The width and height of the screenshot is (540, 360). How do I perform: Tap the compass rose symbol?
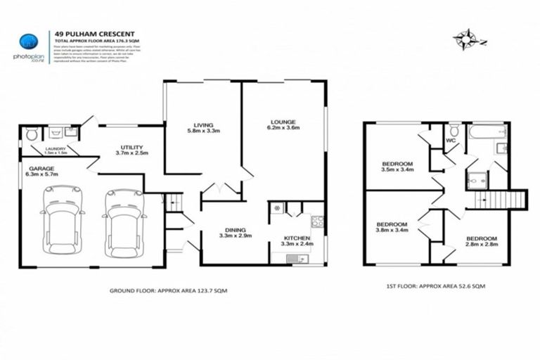point(465,37)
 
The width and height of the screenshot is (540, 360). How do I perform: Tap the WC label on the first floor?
point(452,140)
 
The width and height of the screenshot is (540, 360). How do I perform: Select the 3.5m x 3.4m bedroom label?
point(397,166)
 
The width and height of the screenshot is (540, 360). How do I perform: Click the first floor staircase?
point(502,199)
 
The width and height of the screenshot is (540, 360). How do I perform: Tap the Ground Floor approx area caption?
point(168,290)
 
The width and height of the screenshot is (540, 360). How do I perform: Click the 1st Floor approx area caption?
point(437,287)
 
